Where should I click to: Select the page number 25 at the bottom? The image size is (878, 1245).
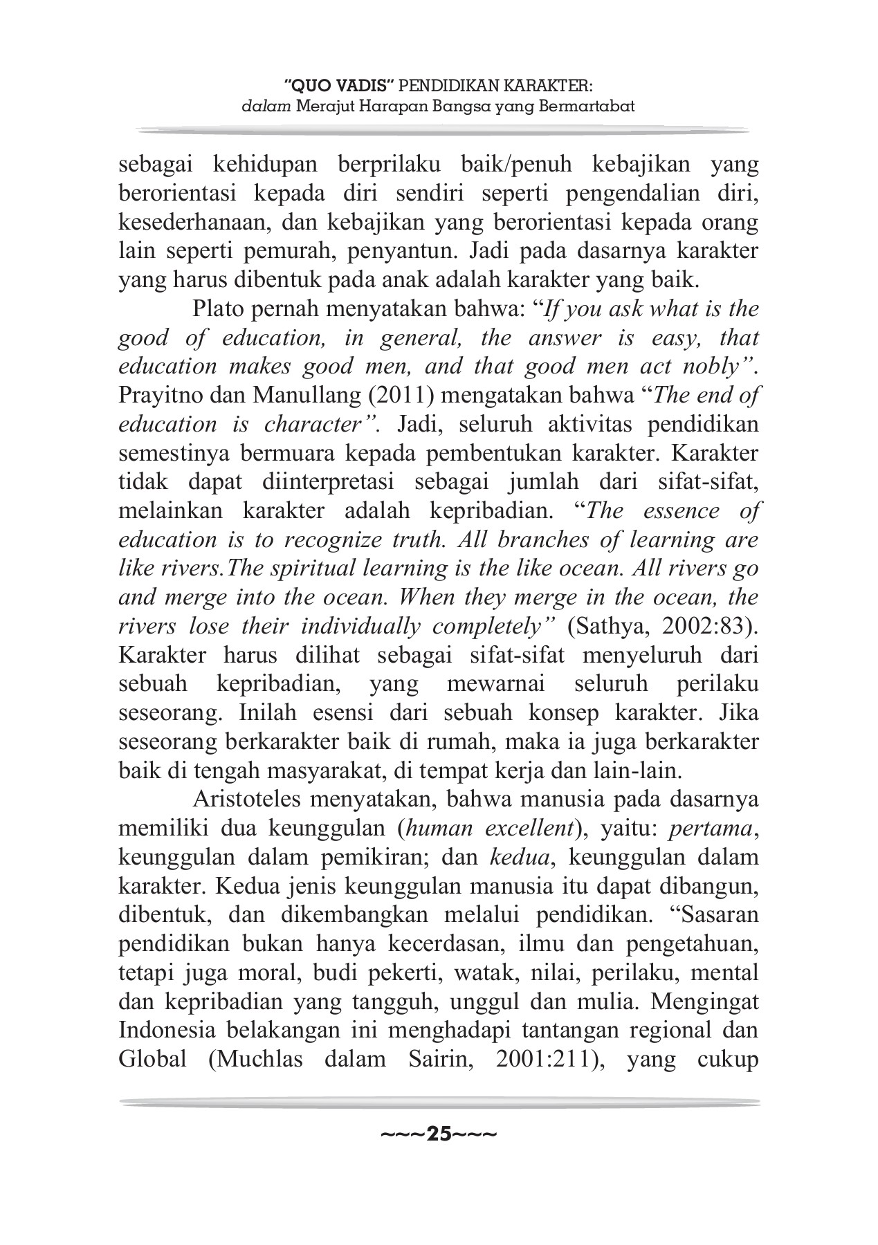439,1134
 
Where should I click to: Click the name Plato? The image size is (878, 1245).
216,309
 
